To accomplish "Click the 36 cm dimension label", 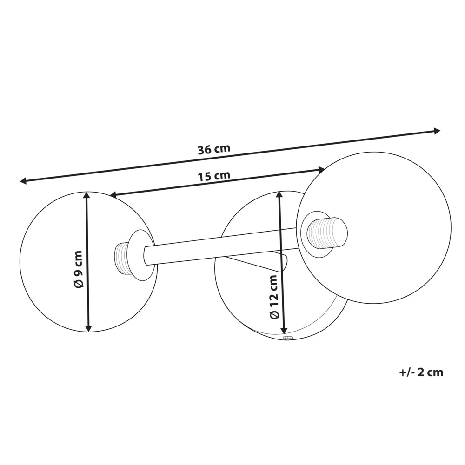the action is (x=214, y=149).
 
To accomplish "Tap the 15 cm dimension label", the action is (x=214, y=176).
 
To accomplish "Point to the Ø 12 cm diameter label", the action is (x=273, y=297).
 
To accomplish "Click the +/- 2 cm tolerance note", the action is (x=421, y=372).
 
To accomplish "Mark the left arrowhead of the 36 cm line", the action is (x=23, y=180).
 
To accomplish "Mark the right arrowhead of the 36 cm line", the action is (x=436, y=131).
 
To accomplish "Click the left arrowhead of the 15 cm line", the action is (x=113, y=194).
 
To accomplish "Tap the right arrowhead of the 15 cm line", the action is (x=321, y=170).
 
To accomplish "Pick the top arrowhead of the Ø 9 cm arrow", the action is (x=86, y=195).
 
